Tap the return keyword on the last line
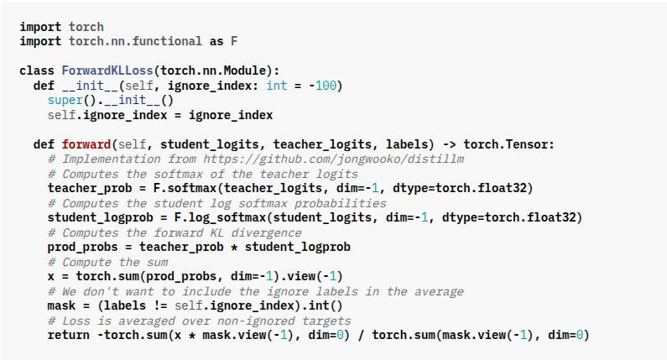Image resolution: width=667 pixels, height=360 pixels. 68,335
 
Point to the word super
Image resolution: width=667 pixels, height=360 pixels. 65,99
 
